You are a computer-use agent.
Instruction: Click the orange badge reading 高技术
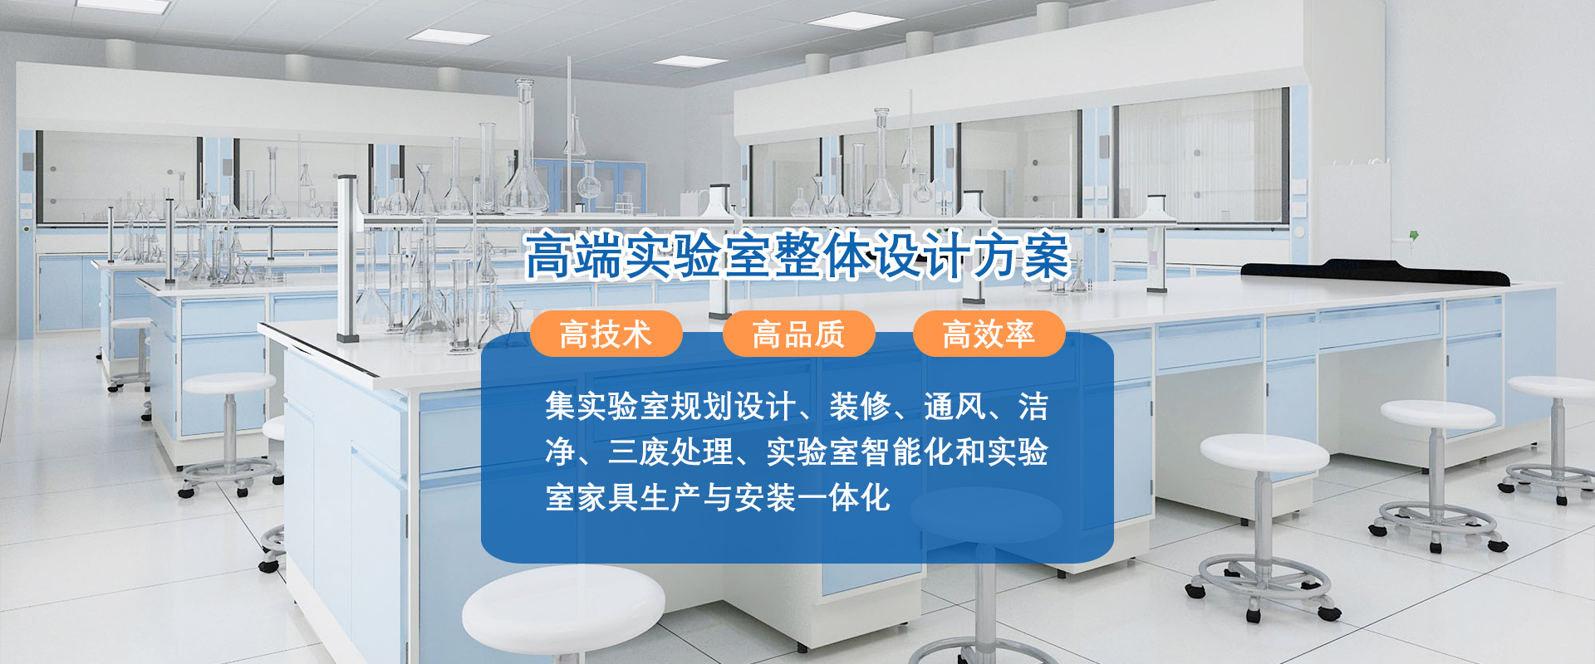click(x=606, y=334)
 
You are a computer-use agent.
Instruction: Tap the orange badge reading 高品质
click(x=798, y=334)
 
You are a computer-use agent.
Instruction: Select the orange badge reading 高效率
click(x=989, y=334)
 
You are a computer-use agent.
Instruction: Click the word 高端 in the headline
click(x=573, y=256)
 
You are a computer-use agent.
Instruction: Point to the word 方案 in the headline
click(x=1021, y=256)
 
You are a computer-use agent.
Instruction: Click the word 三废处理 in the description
click(x=670, y=452)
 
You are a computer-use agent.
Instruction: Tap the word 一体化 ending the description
click(x=844, y=498)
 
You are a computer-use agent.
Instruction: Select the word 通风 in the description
click(x=955, y=407)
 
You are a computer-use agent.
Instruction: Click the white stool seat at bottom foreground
click(x=563, y=610)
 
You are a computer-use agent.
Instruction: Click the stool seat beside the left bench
click(x=228, y=383)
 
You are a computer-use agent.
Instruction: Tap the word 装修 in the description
click(x=860, y=407)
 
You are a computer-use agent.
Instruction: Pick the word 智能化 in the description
click(x=907, y=452)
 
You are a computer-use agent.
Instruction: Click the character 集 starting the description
click(x=561, y=407)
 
